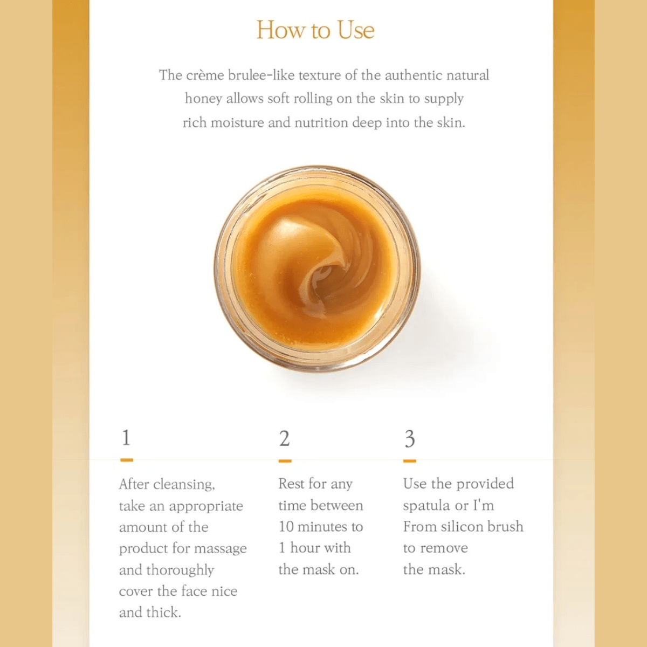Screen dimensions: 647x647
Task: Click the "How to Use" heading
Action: coord(315,30)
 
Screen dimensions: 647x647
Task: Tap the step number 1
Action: coord(126,438)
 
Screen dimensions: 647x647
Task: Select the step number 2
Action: coord(284,438)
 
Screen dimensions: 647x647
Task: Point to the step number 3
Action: coord(410,438)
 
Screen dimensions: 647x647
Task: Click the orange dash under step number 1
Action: coord(127,460)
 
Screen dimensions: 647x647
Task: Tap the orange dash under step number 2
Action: coord(285,461)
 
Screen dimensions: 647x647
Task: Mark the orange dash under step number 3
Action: coord(410,461)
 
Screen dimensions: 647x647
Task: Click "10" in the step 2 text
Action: coord(286,527)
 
